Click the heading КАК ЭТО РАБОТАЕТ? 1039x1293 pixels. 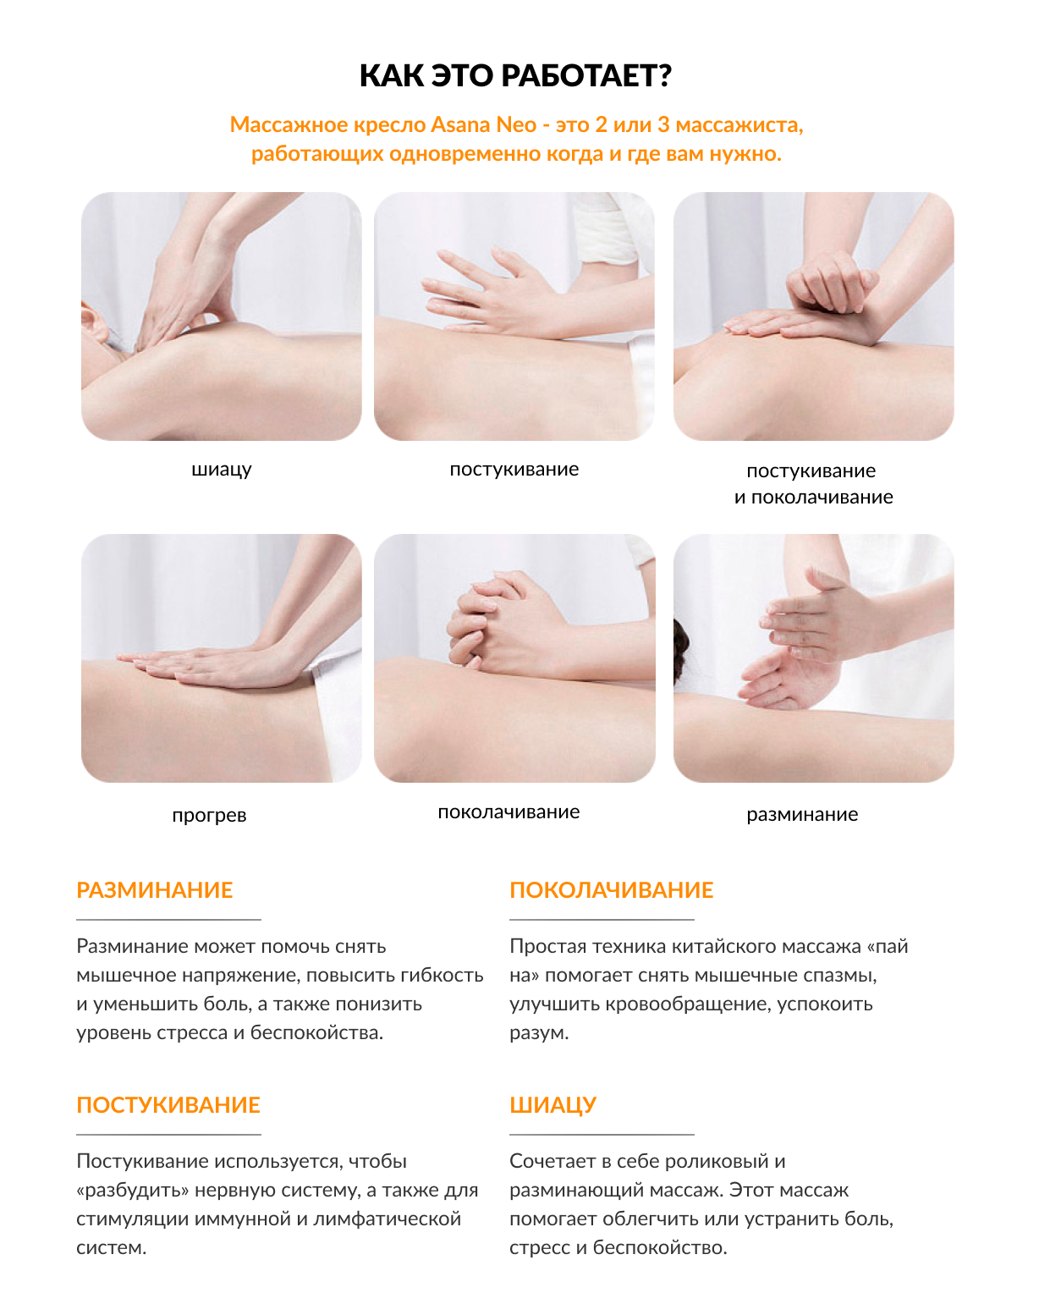pyautogui.click(x=515, y=75)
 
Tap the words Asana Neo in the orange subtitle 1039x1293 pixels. pyautogui.click(x=483, y=124)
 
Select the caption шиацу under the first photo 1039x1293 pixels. pyautogui.click(x=221, y=470)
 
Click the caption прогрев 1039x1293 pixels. pyautogui.click(x=209, y=816)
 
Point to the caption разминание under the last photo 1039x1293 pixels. pyautogui.click(x=801, y=814)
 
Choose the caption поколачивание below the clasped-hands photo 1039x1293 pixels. pyautogui.click(x=509, y=812)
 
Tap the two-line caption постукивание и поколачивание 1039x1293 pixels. pyautogui.click(x=813, y=484)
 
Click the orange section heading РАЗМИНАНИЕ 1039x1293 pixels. pyautogui.click(x=155, y=890)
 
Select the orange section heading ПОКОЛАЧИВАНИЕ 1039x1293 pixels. pyautogui.click(x=611, y=890)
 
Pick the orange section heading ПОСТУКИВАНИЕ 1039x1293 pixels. pyautogui.click(x=168, y=1105)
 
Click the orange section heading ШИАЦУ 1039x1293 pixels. pyautogui.click(x=552, y=1105)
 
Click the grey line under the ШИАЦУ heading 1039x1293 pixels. pyautogui.click(x=602, y=1135)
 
